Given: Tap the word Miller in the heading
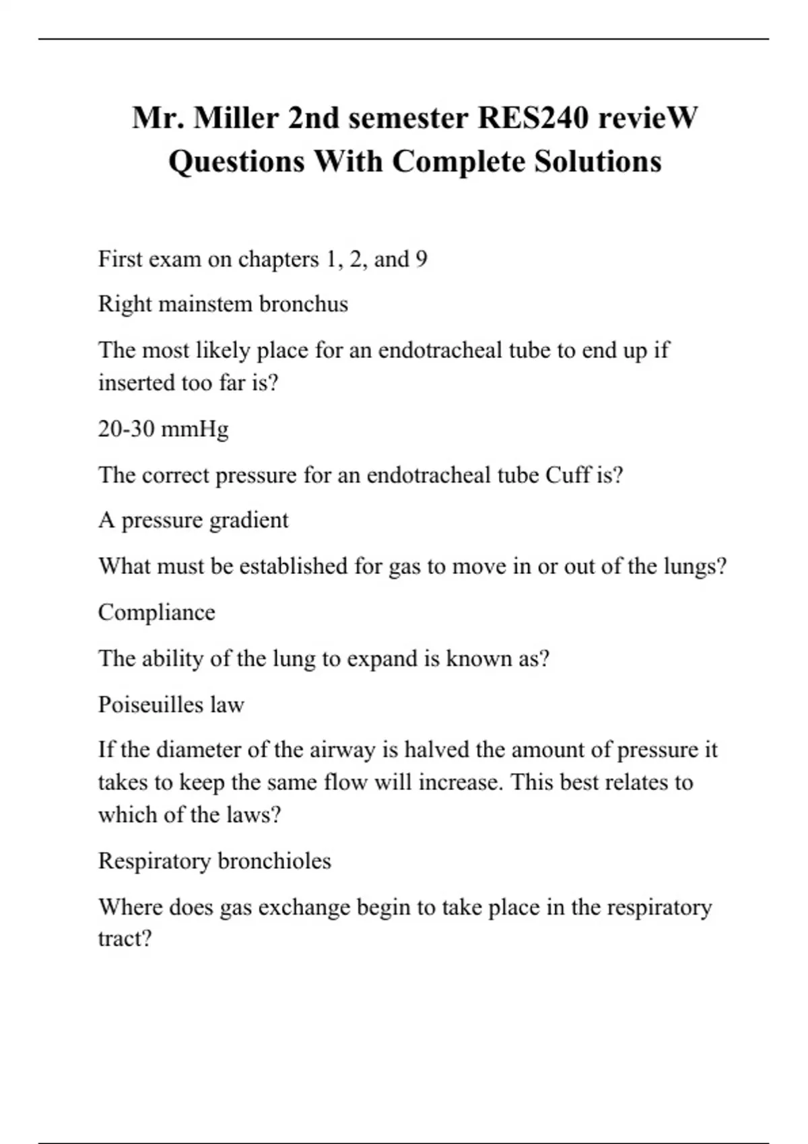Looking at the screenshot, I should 235,118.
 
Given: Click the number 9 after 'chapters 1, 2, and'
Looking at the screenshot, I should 422,259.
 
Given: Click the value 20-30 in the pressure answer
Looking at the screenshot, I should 126,429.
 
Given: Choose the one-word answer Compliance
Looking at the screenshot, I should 156,612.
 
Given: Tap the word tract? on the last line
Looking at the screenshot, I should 125,938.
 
